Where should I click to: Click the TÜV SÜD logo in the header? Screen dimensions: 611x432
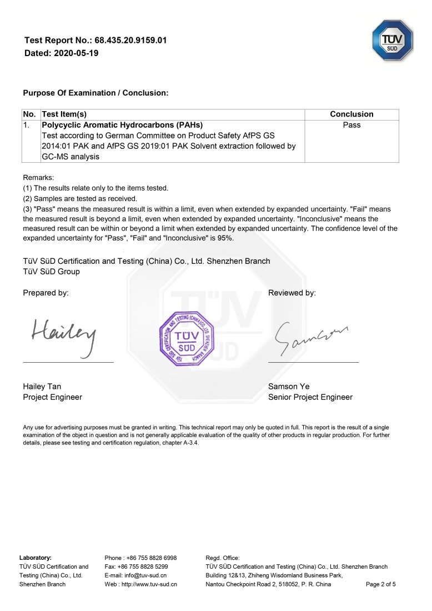[392, 41]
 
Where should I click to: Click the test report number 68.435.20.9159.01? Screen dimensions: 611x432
[130, 41]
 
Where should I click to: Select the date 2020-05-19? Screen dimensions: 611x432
[77, 53]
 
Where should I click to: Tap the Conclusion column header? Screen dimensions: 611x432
[351, 114]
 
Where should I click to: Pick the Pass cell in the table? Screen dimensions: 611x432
[351, 125]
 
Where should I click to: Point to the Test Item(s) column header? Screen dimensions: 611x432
[64, 114]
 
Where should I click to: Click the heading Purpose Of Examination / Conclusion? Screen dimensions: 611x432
[96, 93]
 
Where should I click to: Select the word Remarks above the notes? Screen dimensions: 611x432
[38, 177]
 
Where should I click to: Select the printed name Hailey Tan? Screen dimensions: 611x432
[46, 386]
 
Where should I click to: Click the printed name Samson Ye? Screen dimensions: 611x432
[289, 386]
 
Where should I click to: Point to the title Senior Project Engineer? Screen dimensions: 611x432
[310, 397]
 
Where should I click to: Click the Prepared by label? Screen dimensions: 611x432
[46, 293]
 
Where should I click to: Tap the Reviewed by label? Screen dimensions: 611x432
[292, 293]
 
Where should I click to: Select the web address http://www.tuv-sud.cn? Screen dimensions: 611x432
[149, 584]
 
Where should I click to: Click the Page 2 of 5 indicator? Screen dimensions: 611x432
[381, 584]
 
